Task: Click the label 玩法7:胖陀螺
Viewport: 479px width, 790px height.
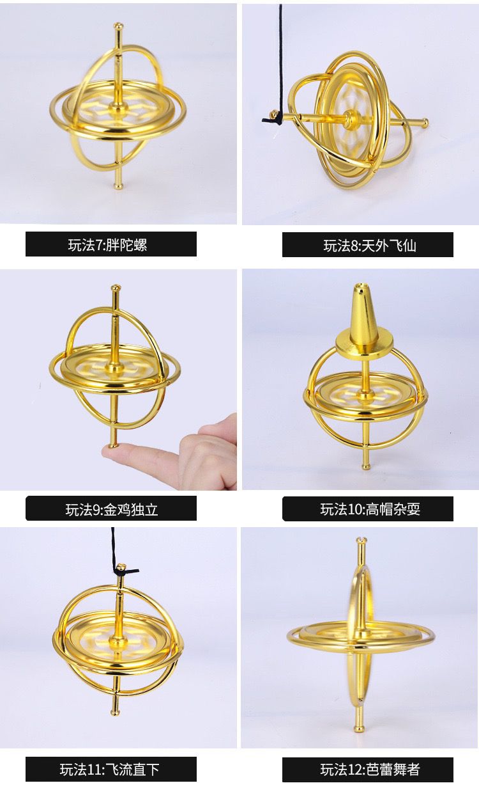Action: click(107, 245)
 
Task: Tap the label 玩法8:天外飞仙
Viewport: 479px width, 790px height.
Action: click(369, 246)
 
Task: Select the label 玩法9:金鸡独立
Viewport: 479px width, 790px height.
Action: click(111, 509)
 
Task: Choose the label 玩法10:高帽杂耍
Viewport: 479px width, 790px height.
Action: click(370, 509)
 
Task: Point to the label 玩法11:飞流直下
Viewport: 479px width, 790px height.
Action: click(109, 770)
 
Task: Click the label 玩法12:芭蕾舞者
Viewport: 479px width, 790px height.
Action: click(370, 770)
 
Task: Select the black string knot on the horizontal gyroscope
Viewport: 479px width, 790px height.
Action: click(273, 118)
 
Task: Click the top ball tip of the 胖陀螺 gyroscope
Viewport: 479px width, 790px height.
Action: click(118, 26)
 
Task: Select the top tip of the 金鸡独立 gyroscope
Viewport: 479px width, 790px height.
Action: click(116, 288)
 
